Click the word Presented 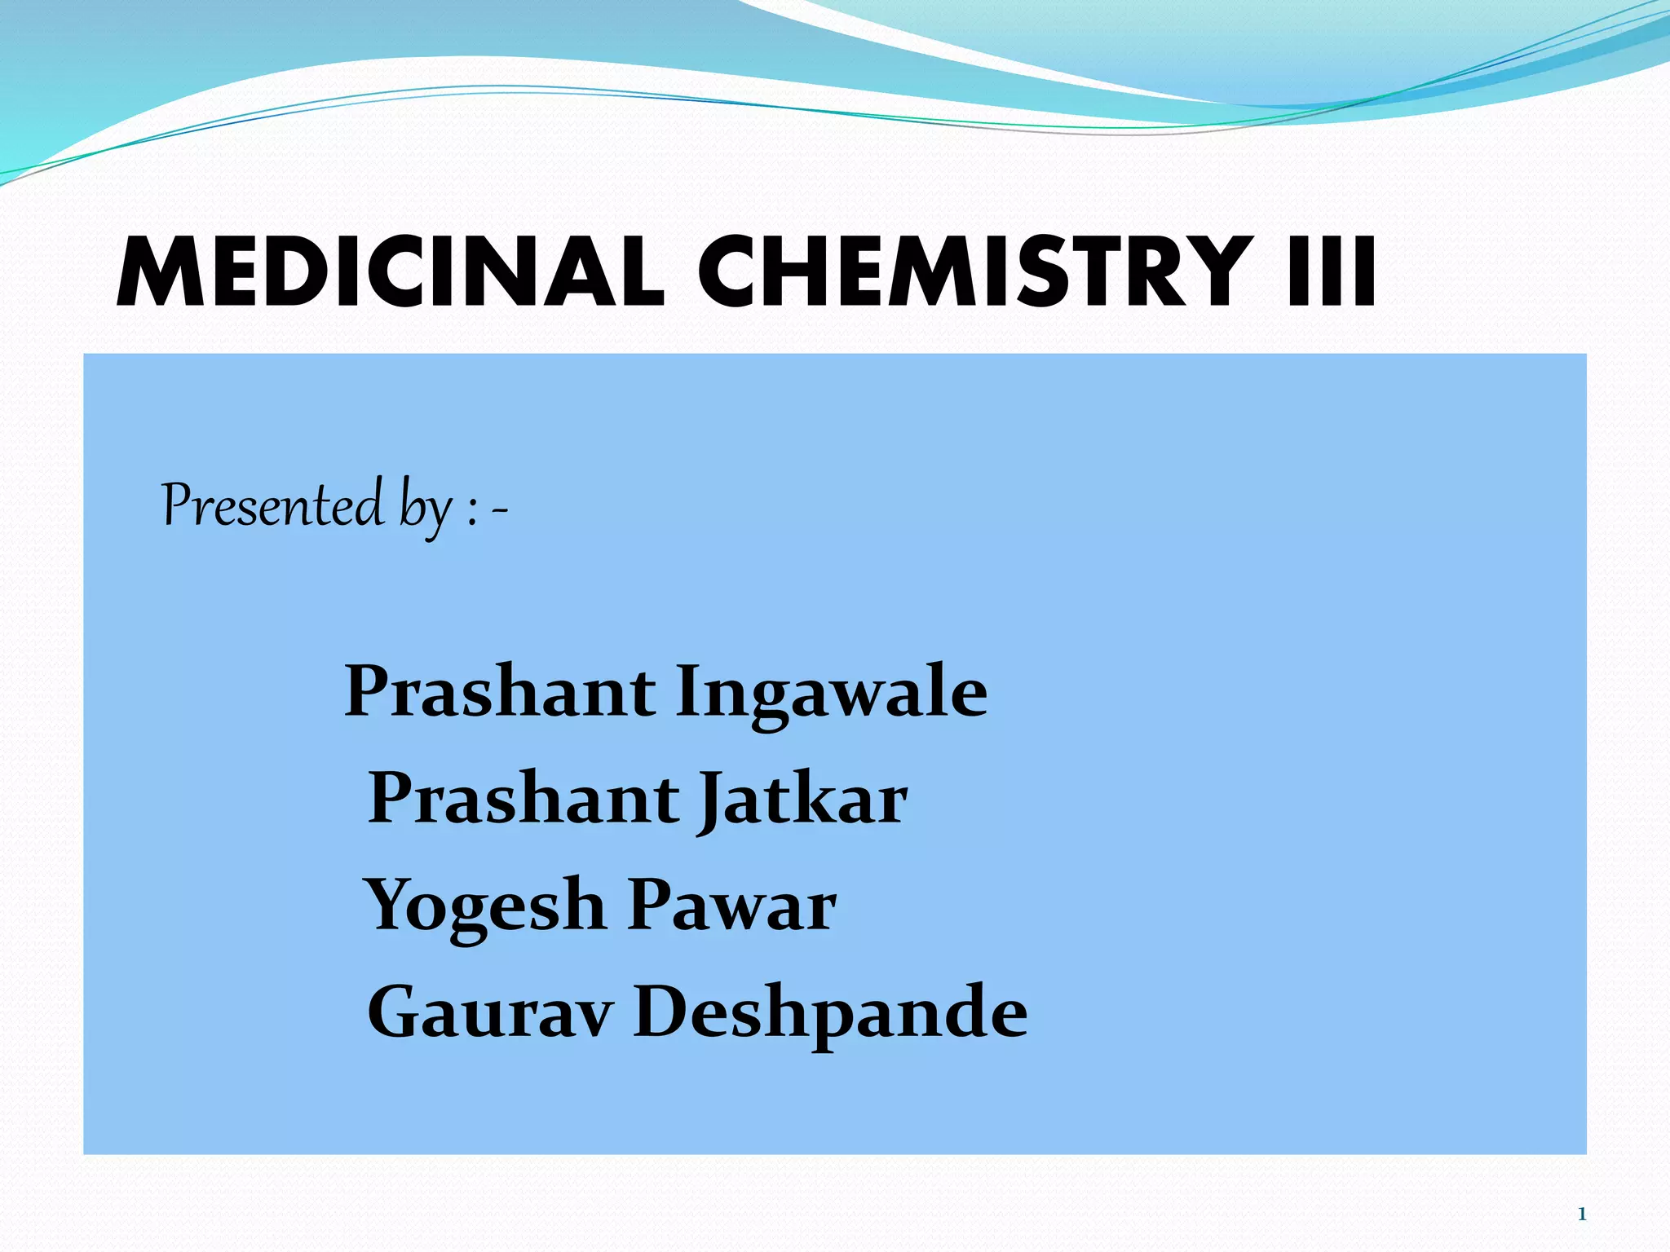click(272, 505)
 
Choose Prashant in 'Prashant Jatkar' click(524, 798)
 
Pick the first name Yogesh click(484, 906)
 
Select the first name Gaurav click(489, 1012)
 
